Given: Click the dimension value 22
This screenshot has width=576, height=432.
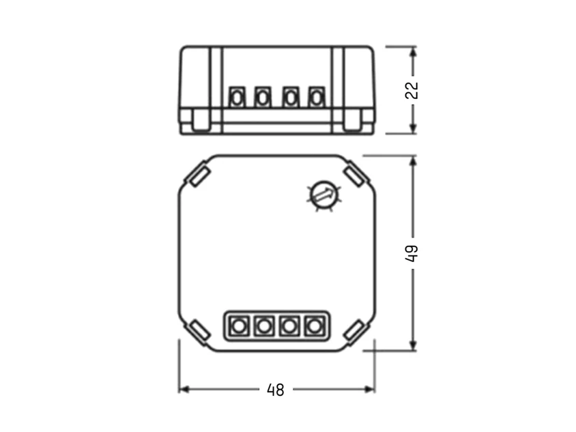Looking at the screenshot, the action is pyautogui.click(x=412, y=90).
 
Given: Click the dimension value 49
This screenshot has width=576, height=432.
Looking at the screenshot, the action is pyautogui.click(x=412, y=253).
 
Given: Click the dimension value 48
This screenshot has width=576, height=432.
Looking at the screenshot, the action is pyautogui.click(x=276, y=390).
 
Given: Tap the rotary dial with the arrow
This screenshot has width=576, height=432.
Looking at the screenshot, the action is pyautogui.click(x=323, y=195).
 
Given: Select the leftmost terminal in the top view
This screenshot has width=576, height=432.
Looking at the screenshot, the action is pyautogui.click(x=239, y=326).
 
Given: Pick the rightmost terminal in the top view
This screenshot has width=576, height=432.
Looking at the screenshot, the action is pyautogui.click(x=315, y=326).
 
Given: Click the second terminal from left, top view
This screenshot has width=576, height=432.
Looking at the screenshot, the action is pyautogui.click(x=264, y=326).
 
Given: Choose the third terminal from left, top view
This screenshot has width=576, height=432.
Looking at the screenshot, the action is pyautogui.click(x=289, y=326).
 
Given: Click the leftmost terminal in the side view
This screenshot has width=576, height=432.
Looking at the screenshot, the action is pyautogui.click(x=237, y=98).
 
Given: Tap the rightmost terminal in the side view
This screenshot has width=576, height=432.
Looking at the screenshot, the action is pyautogui.click(x=317, y=98).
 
